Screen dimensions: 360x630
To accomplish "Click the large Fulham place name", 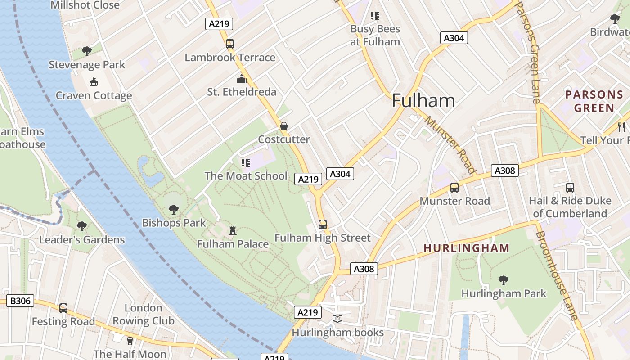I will pyautogui.click(x=423, y=100).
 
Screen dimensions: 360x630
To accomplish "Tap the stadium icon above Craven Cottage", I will pyautogui.click(x=93, y=82).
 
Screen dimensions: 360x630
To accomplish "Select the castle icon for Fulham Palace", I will pyautogui.click(x=233, y=230).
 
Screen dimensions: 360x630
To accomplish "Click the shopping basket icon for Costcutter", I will pyautogui.click(x=283, y=126).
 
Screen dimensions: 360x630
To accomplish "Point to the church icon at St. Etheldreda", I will pyautogui.click(x=242, y=79).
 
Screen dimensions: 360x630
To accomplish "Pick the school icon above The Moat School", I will pyautogui.click(x=245, y=162).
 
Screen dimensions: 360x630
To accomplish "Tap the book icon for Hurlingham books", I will pyautogui.click(x=337, y=319).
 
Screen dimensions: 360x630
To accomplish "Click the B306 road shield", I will pyautogui.click(x=20, y=301).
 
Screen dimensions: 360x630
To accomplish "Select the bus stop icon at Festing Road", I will pyautogui.click(x=63, y=308).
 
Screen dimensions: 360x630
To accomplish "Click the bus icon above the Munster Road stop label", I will pyautogui.click(x=454, y=188).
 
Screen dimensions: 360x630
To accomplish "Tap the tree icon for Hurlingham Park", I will pyautogui.click(x=504, y=280).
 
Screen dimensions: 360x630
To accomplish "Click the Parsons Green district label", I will pyautogui.click(x=594, y=101).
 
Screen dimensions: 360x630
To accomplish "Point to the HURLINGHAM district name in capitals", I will pyautogui.click(x=467, y=248).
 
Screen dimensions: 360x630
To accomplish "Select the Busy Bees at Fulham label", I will pyautogui.click(x=375, y=35).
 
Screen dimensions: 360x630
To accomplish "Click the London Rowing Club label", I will pyautogui.click(x=143, y=314).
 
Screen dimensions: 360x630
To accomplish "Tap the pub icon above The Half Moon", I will pyautogui.click(x=130, y=341).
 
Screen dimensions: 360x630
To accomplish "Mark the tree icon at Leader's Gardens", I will pyautogui.click(x=81, y=226).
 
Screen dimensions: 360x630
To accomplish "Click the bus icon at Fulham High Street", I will pyautogui.click(x=323, y=224).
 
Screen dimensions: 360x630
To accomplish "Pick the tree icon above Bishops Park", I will pyautogui.click(x=173, y=209).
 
